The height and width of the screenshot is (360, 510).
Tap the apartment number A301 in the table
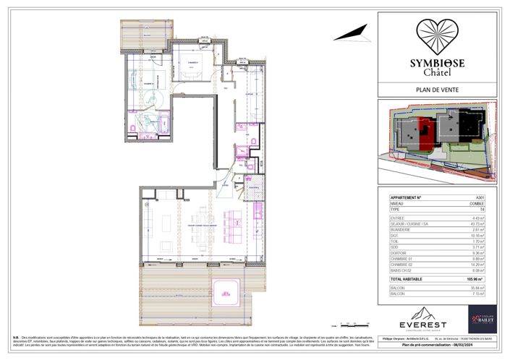point(479,197)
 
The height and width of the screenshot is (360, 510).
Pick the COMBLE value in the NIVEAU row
point(477,204)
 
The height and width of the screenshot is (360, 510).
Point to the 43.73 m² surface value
point(477,223)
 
